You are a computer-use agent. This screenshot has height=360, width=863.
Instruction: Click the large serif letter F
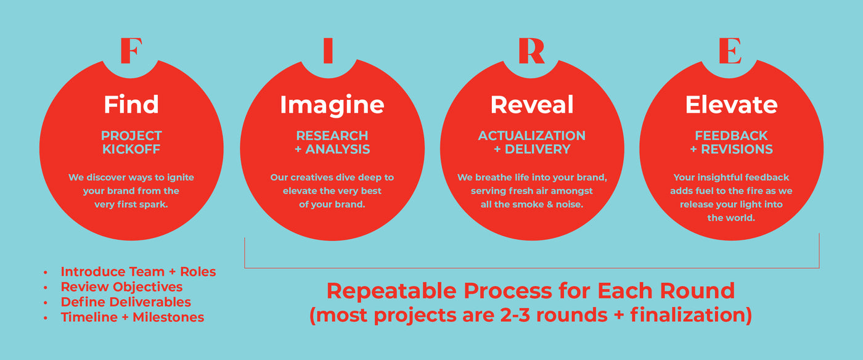[x=131, y=51]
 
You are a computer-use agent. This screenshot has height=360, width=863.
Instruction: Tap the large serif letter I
[x=328, y=51]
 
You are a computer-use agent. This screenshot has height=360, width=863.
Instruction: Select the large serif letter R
[x=531, y=51]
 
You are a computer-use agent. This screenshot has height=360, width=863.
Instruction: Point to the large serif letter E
[x=730, y=51]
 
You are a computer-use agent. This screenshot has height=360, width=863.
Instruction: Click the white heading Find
[x=131, y=104]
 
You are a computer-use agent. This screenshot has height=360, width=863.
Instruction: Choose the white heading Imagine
[x=332, y=105]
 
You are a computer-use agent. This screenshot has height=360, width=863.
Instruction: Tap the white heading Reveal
[x=532, y=104]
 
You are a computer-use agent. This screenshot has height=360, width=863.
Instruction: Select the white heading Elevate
[x=731, y=104]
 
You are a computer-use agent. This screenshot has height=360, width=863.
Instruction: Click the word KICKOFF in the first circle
[x=131, y=149]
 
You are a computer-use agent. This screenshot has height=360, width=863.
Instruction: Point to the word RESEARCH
[x=332, y=136]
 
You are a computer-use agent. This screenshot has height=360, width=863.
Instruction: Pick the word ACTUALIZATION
[x=531, y=136]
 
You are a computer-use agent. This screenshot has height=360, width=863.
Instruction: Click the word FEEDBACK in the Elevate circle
[x=731, y=136]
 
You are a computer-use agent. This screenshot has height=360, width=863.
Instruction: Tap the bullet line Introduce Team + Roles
[x=138, y=272]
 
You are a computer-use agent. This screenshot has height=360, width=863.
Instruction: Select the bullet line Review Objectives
[x=122, y=287]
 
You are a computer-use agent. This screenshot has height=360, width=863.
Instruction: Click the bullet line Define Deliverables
[x=126, y=302]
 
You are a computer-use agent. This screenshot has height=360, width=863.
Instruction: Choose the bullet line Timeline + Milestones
[x=133, y=317]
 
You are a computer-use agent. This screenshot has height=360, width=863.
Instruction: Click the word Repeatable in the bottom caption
[x=391, y=292]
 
